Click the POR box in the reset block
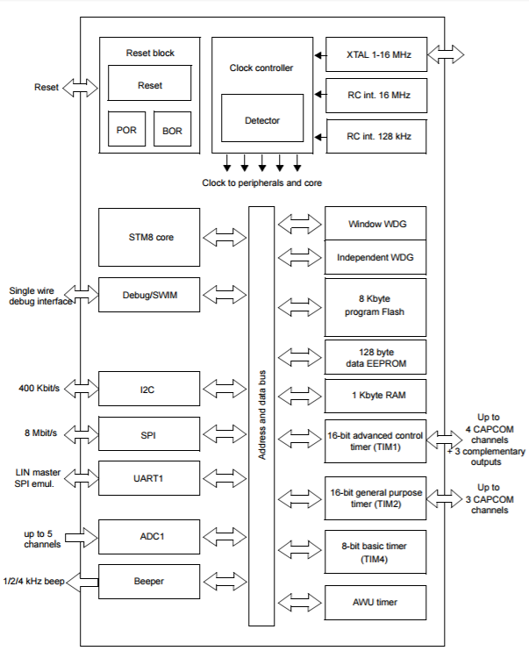coord(126,129)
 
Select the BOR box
coord(173,129)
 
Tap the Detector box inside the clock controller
coord(262,118)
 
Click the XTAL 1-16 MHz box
coord(376,54)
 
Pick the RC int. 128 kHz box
coord(376,136)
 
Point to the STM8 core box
coord(149,237)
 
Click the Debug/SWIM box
coord(149,295)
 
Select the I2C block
coord(149,389)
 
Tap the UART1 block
coord(149,478)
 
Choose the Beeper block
coord(149,582)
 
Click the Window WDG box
coord(375,223)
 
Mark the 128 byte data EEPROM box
coord(375,357)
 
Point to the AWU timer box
coord(375,603)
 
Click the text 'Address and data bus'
coord(261,415)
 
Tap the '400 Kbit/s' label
coord(39,388)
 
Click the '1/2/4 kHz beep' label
coord(33,581)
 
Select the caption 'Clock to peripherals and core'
coord(261,183)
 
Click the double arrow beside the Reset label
coord(80,88)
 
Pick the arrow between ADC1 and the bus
coord(225,536)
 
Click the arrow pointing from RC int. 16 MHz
coord(320,95)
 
